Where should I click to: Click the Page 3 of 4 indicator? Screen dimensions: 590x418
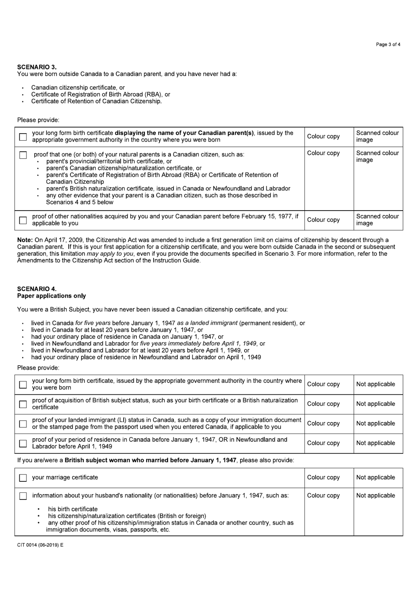tap(388, 44)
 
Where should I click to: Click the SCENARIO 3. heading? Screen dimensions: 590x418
tap(37, 67)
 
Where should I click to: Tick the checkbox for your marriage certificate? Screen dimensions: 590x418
tap(23, 478)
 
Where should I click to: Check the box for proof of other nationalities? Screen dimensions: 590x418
tap(23, 220)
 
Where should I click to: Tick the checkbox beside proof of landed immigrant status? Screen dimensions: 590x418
tap(23, 424)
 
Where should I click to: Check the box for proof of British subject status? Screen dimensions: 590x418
tap(23, 404)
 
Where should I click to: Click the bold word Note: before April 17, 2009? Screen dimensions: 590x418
tap(25, 240)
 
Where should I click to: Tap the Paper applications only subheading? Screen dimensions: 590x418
tap(51, 296)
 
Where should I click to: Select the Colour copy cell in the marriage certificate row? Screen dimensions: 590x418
tap(323, 477)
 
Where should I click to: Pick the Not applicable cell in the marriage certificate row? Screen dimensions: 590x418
tap(375, 477)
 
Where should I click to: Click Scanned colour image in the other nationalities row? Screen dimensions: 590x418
tap(377, 220)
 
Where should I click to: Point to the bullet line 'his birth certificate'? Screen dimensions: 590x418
tap(73, 509)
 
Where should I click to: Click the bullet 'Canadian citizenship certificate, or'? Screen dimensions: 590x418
tap(78, 87)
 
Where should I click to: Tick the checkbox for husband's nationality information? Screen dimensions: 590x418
tap(23, 496)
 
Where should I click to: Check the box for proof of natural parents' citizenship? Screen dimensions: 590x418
tap(23, 155)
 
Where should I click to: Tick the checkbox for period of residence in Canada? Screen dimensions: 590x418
tap(23, 443)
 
